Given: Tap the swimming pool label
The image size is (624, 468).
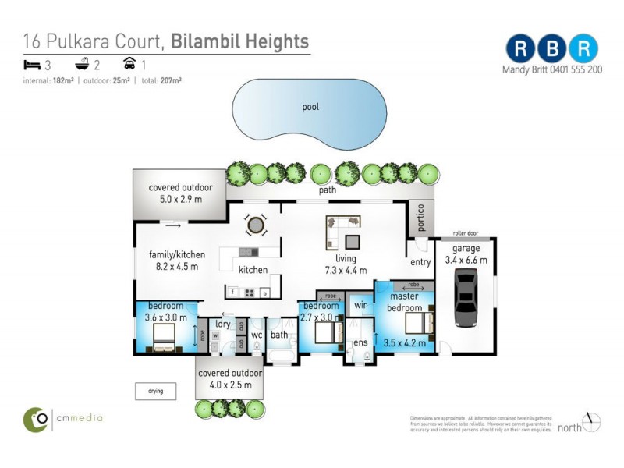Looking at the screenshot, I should [x=311, y=107].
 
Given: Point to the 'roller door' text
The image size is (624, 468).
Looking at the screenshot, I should [x=465, y=232].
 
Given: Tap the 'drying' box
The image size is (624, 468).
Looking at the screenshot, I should [x=155, y=391].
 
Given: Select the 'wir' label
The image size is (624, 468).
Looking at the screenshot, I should [x=360, y=306].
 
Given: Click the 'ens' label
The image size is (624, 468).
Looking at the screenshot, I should [x=360, y=342].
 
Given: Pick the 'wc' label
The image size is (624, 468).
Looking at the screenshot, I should [x=256, y=335].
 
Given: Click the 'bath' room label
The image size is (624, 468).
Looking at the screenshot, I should [x=279, y=335].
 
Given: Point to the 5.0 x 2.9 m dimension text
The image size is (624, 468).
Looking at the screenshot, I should [x=175, y=200].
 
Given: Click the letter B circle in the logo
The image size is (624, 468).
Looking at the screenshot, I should [x=551, y=48].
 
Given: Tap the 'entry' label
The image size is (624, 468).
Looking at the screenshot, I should [x=421, y=262].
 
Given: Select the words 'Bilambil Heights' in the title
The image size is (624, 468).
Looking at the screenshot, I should [x=239, y=41].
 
